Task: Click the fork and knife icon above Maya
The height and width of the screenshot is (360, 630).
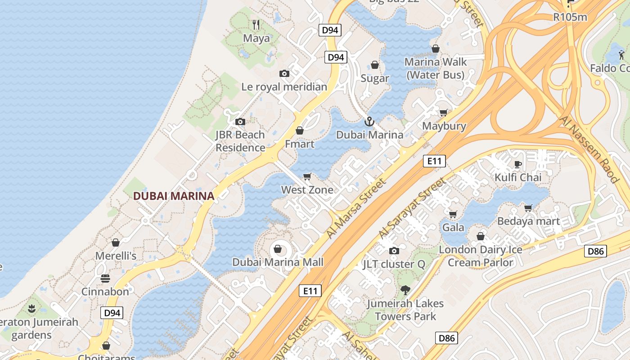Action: click(256, 24)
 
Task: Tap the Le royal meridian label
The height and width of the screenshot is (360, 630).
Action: click(284, 87)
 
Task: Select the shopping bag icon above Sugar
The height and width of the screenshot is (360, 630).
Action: click(375, 65)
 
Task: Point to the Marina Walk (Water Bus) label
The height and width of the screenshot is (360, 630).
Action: click(436, 68)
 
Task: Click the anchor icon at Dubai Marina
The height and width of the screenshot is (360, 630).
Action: click(369, 121)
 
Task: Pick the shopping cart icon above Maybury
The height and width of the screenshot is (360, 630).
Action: click(444, 113)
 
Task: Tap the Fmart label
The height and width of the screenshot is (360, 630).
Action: click(300, 144)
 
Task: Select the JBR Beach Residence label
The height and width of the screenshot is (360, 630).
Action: click(240, 141)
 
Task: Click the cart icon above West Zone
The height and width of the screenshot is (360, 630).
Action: click(307, 176)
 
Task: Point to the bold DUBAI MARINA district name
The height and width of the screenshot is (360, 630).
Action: click(173, 196)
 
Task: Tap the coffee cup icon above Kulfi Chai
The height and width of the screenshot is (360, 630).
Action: click(518, 164)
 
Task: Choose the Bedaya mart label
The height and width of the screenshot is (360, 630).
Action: click(528, 221)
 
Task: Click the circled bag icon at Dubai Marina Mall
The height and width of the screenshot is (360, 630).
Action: click(278, 249)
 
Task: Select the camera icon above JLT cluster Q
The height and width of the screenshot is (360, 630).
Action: click(394, 251)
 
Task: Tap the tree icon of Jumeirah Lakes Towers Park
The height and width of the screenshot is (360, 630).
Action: click(405, 290)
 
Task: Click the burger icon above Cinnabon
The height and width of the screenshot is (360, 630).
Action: click(105, 279)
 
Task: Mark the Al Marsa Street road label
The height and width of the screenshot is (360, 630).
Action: click(356, 208)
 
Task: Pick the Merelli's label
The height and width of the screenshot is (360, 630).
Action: click(116, 256)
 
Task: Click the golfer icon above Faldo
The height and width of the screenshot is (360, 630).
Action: click(622, 55)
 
